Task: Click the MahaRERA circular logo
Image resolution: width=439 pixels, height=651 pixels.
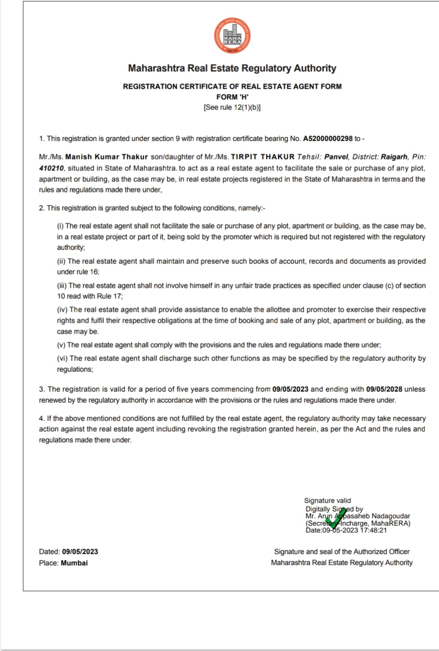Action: [x=232, y=36]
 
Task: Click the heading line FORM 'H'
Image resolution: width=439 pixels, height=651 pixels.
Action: [x=232, y=97]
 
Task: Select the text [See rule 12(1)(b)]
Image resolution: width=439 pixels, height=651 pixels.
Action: [x=232, y=107]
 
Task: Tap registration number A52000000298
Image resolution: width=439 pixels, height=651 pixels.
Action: [x=327, y=138]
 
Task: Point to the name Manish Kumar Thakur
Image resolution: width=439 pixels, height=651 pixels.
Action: [x=106, y=157]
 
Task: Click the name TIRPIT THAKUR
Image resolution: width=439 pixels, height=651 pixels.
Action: [x=263, y=157]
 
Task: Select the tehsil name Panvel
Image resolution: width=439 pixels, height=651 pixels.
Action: [x=336, y=157]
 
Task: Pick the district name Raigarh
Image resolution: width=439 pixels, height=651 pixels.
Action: [x=394, y=157]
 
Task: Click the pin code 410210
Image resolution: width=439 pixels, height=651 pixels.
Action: [x=51, y=168]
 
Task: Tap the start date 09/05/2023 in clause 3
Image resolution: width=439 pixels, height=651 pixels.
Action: [x=290, y=389]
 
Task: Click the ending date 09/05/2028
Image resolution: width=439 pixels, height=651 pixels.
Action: [x=384, y=389]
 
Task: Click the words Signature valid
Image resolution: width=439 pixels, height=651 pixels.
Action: [x=327, y=500]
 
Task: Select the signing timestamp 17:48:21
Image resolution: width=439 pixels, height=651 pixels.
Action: [x=373, y=530]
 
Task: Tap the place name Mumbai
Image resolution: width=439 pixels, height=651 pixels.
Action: [x=74, y=563]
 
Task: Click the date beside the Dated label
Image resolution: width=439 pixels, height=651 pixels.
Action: [x=80, y=552]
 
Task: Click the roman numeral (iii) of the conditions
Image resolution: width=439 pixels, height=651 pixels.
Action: [x=62, y=286]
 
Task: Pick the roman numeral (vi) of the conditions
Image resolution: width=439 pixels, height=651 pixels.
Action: [x=62, y=358]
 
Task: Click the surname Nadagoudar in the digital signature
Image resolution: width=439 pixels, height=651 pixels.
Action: [x=391, y=516]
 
